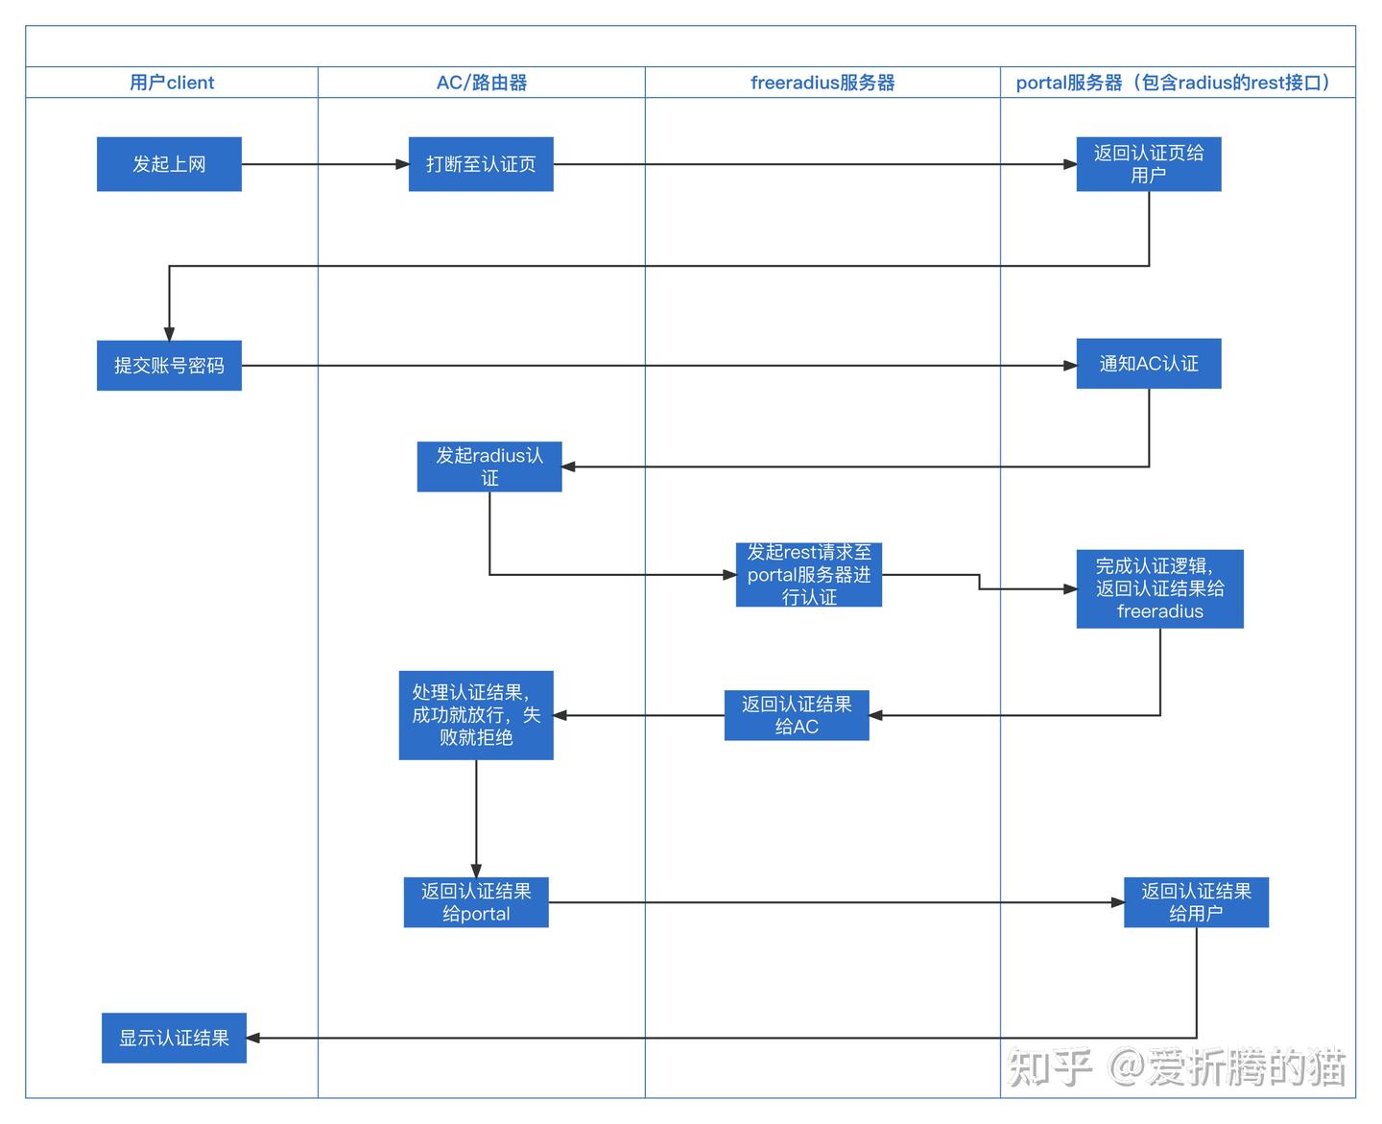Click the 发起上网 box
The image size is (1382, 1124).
point(169,164)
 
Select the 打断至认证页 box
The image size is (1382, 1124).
point(481,164)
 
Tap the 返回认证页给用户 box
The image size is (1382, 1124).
point(1148,164)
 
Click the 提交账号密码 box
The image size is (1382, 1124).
point(169,366)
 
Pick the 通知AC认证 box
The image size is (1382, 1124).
point(1148,364)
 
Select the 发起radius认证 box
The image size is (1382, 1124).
point(489,466)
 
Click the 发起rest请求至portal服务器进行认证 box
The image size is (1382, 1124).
point(808,575)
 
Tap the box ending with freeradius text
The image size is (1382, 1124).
point(1159,589)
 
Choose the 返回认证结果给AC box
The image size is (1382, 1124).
point(797,715)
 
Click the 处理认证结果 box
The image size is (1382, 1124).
point(476,715)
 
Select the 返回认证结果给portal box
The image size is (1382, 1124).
point(476,902)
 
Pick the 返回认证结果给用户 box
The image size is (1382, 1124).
point(1196,902)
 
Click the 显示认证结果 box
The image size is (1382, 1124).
point(174,1038)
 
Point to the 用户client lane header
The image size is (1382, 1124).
point(172,83)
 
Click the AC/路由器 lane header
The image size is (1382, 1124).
point(482,83)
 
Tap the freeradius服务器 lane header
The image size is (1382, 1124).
point(822,83)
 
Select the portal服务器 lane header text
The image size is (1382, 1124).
point(1177,83)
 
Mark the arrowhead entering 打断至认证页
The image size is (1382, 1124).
point(403,164)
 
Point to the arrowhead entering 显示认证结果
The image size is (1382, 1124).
point(253,1038)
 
